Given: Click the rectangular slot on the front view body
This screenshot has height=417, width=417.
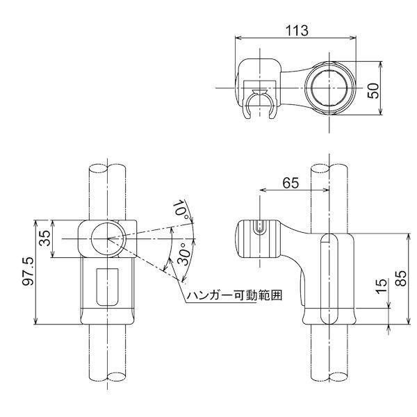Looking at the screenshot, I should [106, 285].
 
